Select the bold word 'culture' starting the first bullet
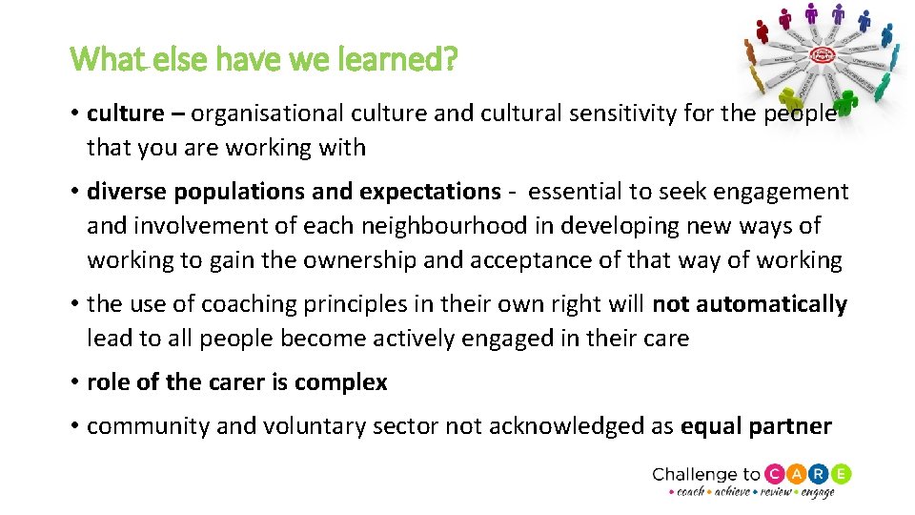pyautogui.click(x=125, y=113)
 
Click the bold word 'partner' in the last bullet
pyautogui.click(x=790, y=426)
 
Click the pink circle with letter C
pyautogui.click(x=775, y=474)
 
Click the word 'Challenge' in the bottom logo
pyautogui.click(x=693, y=474)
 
